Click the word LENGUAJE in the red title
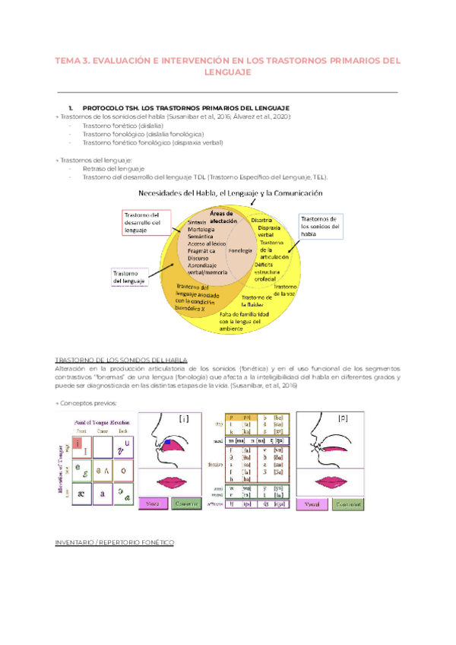pyautogui.click(x=228, y=72)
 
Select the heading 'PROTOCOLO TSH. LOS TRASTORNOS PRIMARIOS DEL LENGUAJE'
pyautogui.click(x=185, y=107)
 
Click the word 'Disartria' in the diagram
pyautogui.click(x=272, y=219)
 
